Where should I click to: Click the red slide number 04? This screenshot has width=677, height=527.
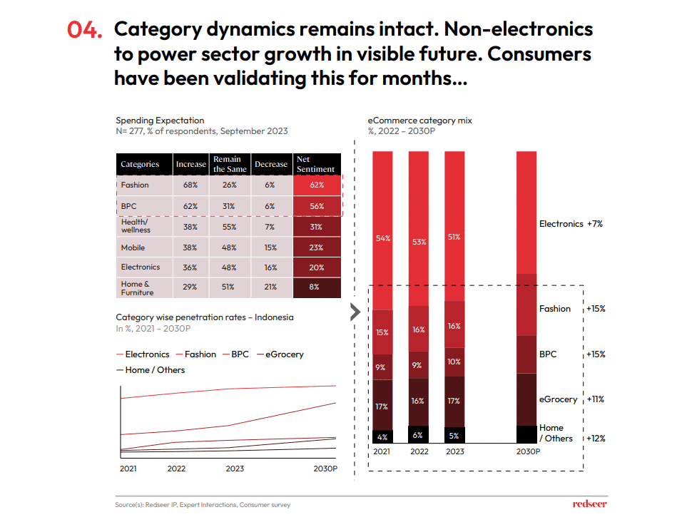pyautogui.click(x=84, y=30)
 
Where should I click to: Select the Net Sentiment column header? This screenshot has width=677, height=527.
pyautogui.click(x=315, y=164)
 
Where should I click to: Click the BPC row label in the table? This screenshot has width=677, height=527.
pyautogui.click(x=129, y=206)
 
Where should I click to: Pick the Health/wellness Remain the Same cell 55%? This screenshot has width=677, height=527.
pyautogui.click(x=230, y=226)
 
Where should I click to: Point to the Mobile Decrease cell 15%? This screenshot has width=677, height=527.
pyautogui.click(x=271, y=248)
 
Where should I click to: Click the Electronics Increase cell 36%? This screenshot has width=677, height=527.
pyautogui.click(x=190, y=267)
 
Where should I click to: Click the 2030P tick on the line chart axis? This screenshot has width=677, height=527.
pyautogui.click(x=325, y=469)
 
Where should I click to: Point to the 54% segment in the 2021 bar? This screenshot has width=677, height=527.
pyautogui.click(x=383, y=238)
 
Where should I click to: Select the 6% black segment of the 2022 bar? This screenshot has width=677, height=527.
pyautogui.click(x=419, y=434)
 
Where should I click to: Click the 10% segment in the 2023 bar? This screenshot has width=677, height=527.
pyautogui.click(x=454, y=362)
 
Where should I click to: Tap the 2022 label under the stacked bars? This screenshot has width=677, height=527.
pyautogui.click(x=419, y=451)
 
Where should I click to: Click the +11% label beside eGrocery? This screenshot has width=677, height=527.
pyautogui.click(x=594, y=399)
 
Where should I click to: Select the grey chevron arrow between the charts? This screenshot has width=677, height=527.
pyautogui.click(x=355, y=312)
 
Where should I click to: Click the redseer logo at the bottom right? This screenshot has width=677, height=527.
pyautogui.click(x=589, y=505)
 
